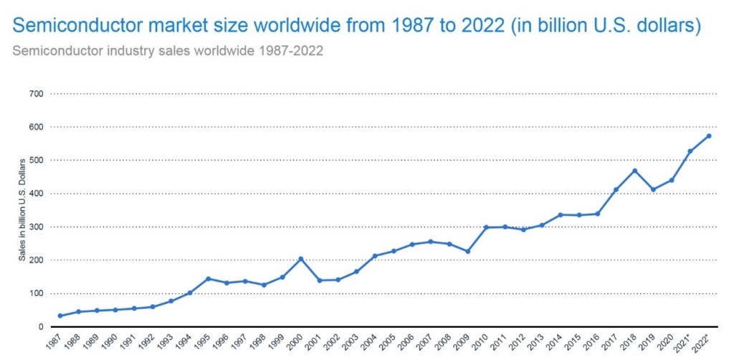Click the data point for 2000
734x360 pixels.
[x=300, y=259]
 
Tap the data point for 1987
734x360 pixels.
[x=60, y=316]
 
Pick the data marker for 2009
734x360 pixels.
[x=467, y=251]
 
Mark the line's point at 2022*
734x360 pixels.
[x=709, y=136]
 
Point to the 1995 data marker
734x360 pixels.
[x=208, y=278]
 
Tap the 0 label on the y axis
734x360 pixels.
[x=41, y=327]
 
